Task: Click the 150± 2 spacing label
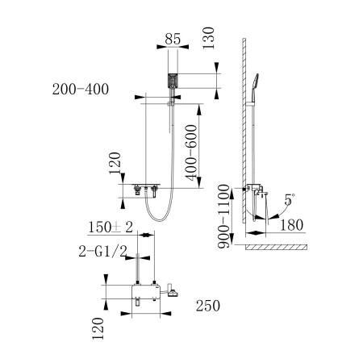point(111,227)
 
